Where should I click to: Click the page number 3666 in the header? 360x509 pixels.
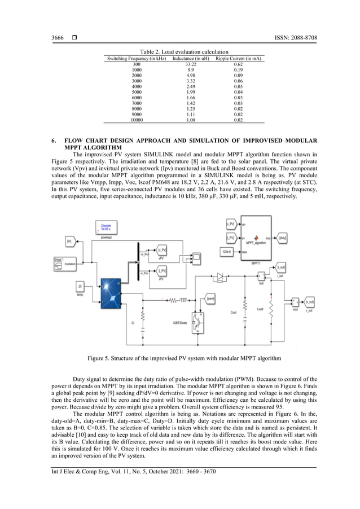coord(57,38)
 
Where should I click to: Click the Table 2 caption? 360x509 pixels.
coord(180,52)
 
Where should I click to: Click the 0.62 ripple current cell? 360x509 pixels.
coord(238,64)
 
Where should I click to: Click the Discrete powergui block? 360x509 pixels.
coord(106,229)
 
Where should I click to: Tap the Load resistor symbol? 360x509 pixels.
coord(271,309)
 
